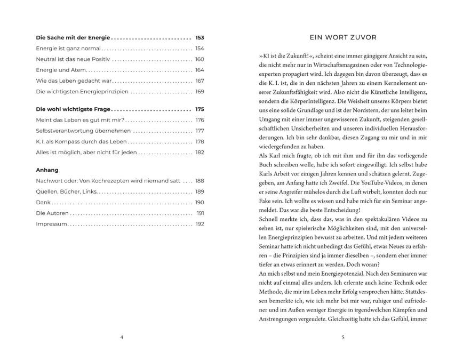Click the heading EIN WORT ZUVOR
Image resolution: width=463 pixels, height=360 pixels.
(x=343, y=37)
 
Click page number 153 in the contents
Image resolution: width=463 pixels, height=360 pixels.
(x=199, y=38)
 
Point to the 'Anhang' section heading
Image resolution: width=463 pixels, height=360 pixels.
(x=47, y=170)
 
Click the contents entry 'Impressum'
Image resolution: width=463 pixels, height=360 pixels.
(x=52, y=224)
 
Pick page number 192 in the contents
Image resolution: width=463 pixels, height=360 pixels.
(x=200, y=224)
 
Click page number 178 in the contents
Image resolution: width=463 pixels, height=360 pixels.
(x=200, y=141)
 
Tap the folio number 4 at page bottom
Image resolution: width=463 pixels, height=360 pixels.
(x=122, y=337)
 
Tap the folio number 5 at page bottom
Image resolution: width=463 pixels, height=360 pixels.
(x=343, y=337)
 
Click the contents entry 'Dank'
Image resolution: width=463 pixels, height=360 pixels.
(x=43, y=203)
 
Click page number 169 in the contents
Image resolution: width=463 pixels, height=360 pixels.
(x=200, y=91)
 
